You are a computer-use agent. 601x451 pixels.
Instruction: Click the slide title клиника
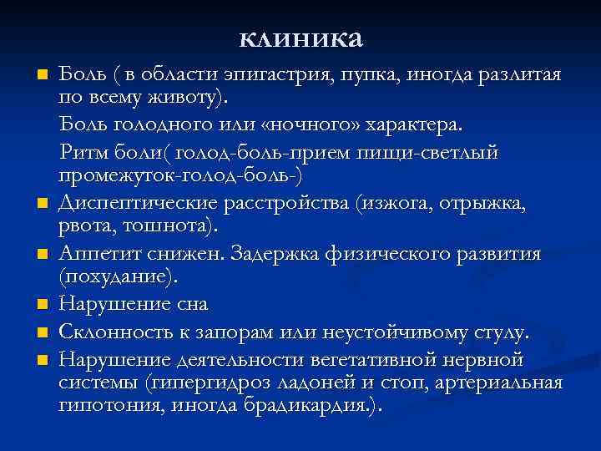click(x=300, y=38)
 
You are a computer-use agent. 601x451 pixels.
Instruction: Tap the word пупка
click(x=367, y=77)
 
